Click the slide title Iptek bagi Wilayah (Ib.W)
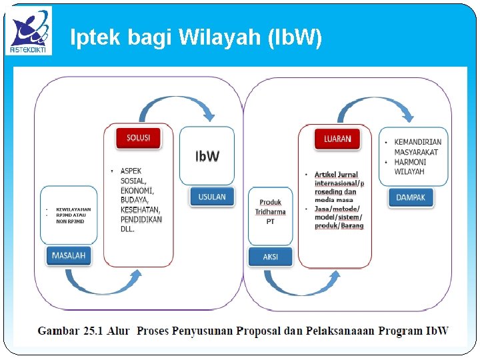(x=196, y=38)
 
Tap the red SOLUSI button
(x=138, y=138)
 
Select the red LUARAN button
(x=337, y=139)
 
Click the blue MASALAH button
(x=69, y=255)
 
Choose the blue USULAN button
(x=212, y=197)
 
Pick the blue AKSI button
(x=270, y=257)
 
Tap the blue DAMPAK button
(x=411, y=197)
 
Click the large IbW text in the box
(x=207, y=157)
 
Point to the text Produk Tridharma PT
(x=270, y=211)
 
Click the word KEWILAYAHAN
(x=73, y=209)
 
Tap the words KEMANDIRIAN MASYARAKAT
(x=417, y=147)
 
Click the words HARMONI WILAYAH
(x=409, y=167)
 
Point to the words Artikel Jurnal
(x=336, y=175)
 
